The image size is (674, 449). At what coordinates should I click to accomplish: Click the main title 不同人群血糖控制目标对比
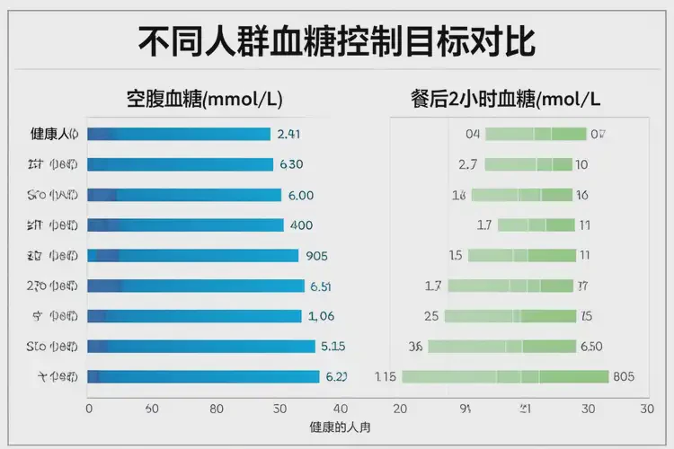tap(337, 40)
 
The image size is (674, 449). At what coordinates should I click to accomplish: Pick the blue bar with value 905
tap(192, 256)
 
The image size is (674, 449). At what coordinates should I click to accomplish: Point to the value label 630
tap(291, 164)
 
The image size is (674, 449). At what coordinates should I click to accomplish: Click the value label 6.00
tap(300, 195)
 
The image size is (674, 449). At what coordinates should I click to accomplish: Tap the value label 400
tap(301, 225)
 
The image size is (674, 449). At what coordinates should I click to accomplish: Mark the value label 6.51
tap(321, 286)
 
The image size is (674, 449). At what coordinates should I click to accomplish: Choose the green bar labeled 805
tap(505, 377)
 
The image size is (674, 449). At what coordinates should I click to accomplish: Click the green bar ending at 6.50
tap(501, 347)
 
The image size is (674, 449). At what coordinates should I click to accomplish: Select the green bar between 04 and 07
tap(536, 135)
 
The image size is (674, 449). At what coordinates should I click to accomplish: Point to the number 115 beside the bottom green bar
tap(386, 377)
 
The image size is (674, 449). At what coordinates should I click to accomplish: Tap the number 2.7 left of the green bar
tap(467, 164)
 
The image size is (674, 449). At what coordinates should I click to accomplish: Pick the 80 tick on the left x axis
tap(216, 409)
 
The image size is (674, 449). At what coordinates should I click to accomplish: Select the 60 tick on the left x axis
tap(151, 409)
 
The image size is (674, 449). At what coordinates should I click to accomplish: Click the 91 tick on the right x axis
tap(466, 409)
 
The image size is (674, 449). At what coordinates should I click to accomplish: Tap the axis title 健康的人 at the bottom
tap(339, 427)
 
